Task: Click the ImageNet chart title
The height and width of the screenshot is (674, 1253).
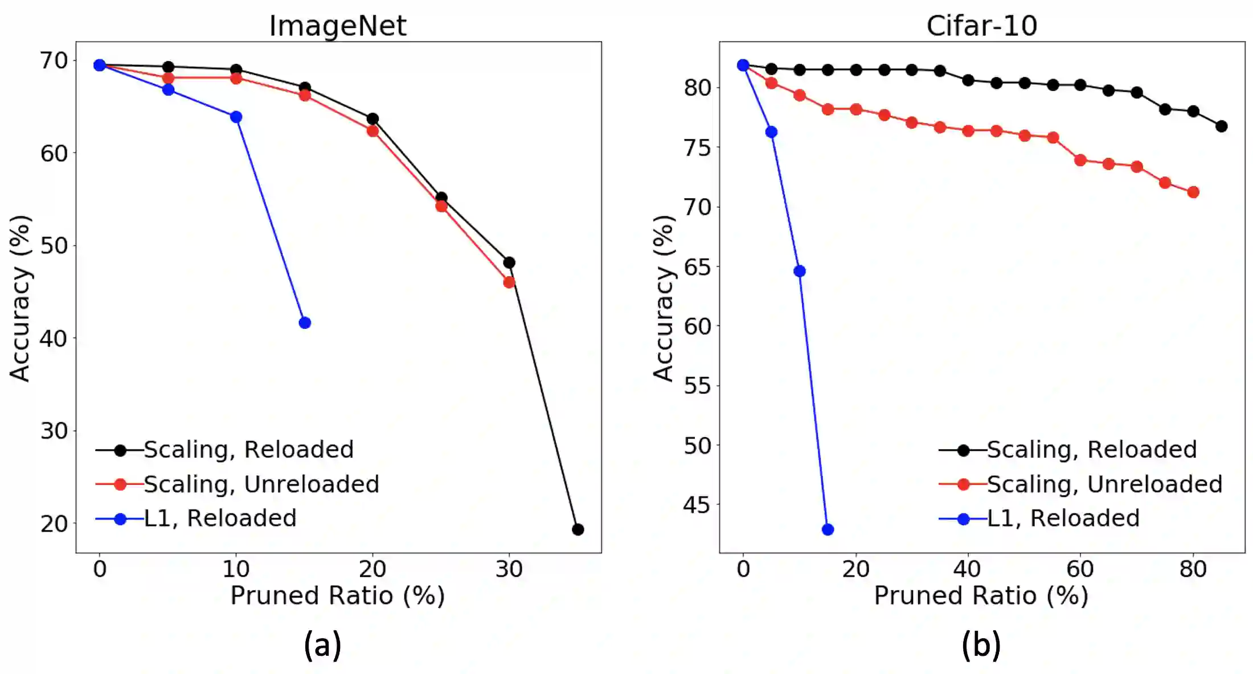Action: click(x=338, y=26)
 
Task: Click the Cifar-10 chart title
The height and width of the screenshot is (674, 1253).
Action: click(x=981, y=26)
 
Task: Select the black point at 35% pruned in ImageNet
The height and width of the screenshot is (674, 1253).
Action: click(x=578, y=529)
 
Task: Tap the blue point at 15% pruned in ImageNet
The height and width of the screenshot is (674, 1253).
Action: click(x=305, y=323)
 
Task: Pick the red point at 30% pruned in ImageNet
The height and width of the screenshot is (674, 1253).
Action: click(x=509, y=282)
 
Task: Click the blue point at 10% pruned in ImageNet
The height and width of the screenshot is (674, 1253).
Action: click(x=236, y=117)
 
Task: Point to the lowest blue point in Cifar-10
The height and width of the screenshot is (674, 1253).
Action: click(x=828, y=529)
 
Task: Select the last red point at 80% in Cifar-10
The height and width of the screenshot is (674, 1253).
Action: click(x=1193, y=192)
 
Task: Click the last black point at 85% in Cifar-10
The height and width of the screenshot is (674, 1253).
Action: click(x=1221, y=126)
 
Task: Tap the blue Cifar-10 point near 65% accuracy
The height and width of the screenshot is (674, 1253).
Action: click(x=800, y=271)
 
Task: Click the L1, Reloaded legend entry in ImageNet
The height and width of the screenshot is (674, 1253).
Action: click(x=220, y=519)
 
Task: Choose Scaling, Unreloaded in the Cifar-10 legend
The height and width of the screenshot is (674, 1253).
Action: click(x=1104, y=484)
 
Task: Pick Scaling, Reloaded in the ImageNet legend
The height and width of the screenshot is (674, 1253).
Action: click(x=248, y=450)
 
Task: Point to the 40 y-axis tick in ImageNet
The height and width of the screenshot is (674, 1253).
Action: click(x=54, y=339)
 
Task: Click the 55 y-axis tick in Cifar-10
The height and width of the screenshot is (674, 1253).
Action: click(x=697, y=386)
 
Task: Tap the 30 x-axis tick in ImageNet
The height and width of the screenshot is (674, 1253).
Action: click(x=509, y=569)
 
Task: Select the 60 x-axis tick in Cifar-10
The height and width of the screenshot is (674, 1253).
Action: click(x=1080, y=569)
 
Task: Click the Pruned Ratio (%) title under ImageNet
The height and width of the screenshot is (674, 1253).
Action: click(x=337, y=595)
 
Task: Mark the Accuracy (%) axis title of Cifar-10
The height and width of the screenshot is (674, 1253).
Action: click(x=664, y=298)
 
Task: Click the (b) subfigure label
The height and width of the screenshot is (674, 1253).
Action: click(x=981, y=645)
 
